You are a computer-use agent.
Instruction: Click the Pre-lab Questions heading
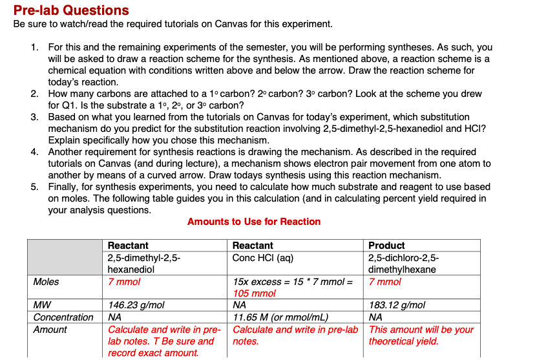(x=71, y=10)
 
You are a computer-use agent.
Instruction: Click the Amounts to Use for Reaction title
(x=254, y=222)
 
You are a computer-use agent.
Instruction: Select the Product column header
(x=386, y=246)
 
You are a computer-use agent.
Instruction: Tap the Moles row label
(x=46, y=282)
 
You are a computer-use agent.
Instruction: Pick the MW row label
(x=42, y=305)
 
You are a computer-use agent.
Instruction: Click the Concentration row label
(x=63, y=317)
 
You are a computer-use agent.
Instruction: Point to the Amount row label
(x=50, y=330)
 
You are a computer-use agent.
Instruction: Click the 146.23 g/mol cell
(x=136, y=305)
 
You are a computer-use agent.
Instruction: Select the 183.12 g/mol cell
(x=397, y=305)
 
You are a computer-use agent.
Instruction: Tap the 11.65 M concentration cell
(x=280, y=317)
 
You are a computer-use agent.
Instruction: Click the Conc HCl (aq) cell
(x=263, y=258)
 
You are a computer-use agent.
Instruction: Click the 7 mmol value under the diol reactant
(x=124, y=282)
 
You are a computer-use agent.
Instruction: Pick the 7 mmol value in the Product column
(x=384, y=282)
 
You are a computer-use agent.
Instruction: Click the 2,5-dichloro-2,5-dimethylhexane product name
(x=403, y=264)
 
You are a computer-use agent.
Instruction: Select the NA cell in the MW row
(x=240, y=305)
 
